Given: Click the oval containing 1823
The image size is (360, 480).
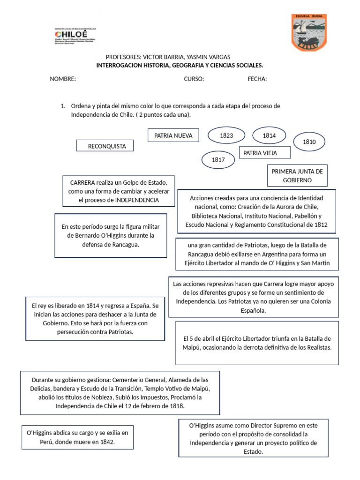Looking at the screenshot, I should [x=226, y=135].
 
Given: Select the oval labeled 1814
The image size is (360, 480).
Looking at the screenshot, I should [x=269, y=135].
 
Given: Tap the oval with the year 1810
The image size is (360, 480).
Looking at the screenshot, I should [x=309, y=142].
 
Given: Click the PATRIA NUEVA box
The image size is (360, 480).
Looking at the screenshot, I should [x=170, y=136].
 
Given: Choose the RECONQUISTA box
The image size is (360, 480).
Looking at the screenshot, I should [x=105, y=146].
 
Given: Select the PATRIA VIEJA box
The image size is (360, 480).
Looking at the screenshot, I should [x=265, y=153].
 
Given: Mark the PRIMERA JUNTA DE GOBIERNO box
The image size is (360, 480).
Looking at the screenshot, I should [x=297, y=175].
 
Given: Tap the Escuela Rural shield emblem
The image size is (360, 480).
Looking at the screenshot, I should [x=309, y=32].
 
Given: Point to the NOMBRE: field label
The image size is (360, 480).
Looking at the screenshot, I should [x=63, y=79].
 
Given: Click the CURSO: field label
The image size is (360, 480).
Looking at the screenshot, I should [x=194, y=79].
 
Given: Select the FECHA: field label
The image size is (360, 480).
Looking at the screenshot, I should [x=257, y=79].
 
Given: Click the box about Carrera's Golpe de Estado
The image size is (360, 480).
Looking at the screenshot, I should [x=119, y=191].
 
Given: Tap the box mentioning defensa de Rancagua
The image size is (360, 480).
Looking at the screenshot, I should [x=111, y=235].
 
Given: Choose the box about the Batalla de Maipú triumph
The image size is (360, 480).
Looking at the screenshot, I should [x=257, y=343].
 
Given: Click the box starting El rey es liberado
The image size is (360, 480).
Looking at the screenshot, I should [x=96, y=319].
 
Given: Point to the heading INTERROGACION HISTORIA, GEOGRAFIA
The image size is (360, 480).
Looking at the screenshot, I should [x=180, y=65].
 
